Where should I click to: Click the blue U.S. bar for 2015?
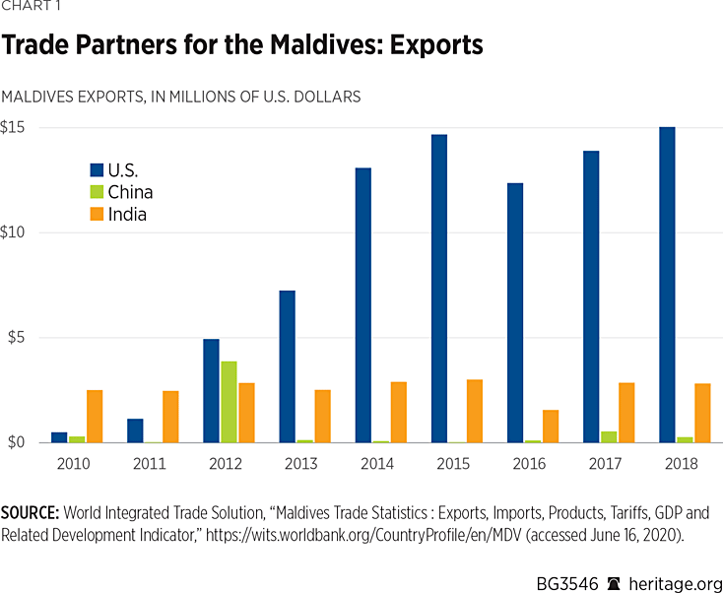pyautogui.click(x=438, y=289)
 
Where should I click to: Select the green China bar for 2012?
pyautogui.click(x=229, y=402)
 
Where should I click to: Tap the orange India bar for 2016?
pyautogui.click(x=552, y=427)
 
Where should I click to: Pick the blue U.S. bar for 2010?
pyautogui.click(x=59, y=437)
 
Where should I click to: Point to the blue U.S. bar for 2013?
pyautogui.click(x=287, y=366)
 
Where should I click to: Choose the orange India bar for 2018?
pyautogui.click(x=702, y=413)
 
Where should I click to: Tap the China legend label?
pyautogui.click(x=130, y=192)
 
